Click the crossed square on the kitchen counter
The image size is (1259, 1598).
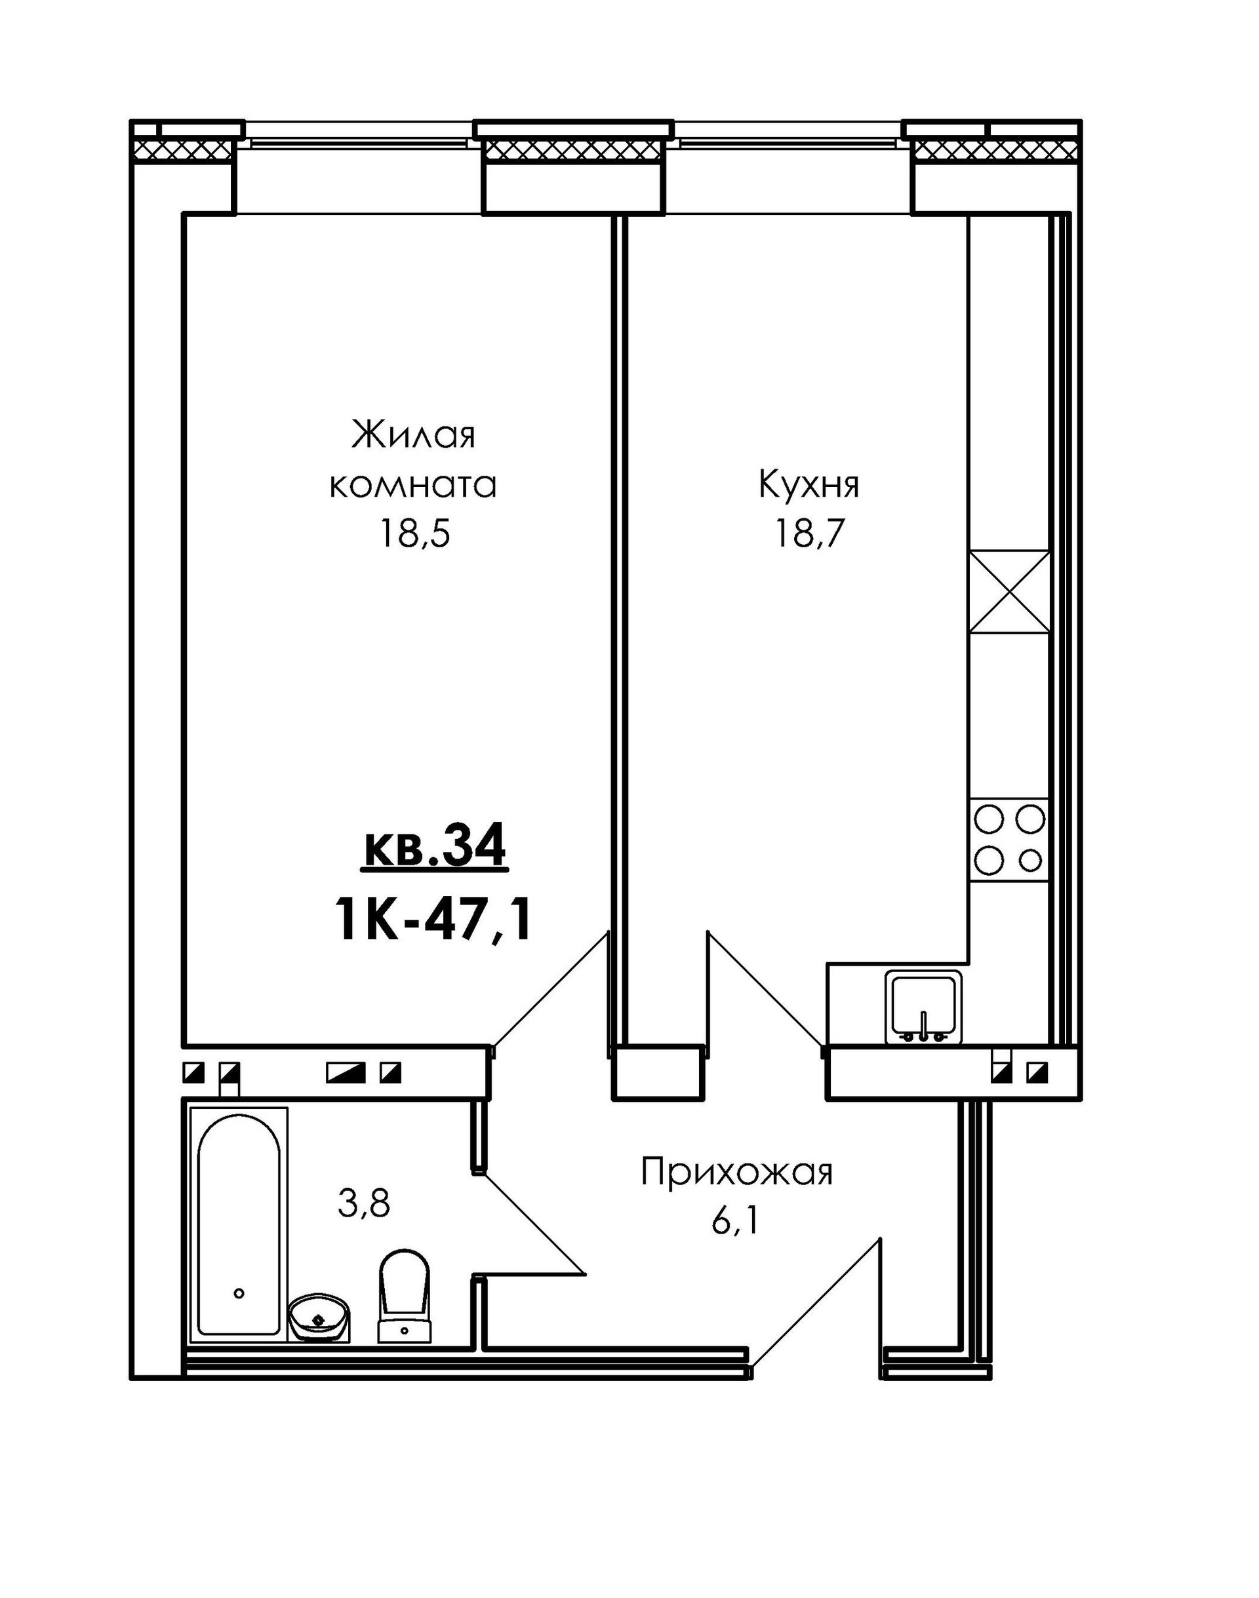(1010, 592)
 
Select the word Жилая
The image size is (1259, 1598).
(413, 435)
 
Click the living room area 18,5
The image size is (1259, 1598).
(413, 534)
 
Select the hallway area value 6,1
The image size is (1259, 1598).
(735, 1222)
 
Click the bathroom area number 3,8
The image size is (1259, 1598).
(363, 1205)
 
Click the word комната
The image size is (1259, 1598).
(413, 486)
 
